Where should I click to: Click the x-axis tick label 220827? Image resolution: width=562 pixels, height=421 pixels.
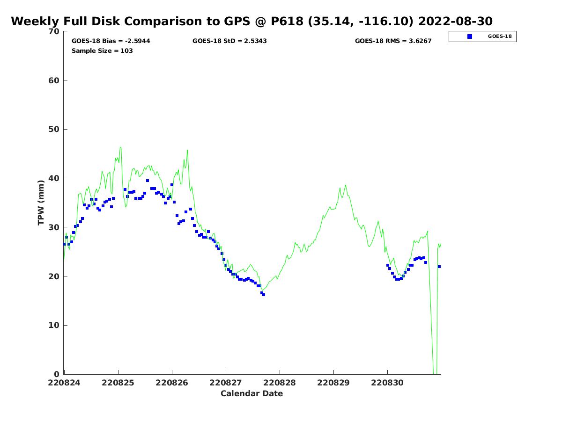click(225, 383)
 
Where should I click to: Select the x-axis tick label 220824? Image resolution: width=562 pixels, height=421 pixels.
click(64, 383)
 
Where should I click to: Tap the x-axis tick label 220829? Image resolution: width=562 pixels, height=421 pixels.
click(333, 383)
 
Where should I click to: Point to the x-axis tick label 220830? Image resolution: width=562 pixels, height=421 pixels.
click(387, 383)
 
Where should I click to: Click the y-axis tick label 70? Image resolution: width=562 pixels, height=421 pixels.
click(54, 31)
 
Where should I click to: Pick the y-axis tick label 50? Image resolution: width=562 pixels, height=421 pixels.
click(54, 130)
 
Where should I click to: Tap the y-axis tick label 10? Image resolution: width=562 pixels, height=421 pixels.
click(54, 325)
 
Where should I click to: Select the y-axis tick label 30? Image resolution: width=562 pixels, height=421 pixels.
click(54, 227)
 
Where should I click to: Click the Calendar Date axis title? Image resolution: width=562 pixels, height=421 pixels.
click(251, 393)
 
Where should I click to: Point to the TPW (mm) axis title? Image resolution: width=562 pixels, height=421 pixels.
click(41, 203)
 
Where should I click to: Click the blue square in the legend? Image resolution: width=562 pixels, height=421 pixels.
click(470, 36)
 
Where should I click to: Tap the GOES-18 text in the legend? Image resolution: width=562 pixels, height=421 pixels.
click(500, 36)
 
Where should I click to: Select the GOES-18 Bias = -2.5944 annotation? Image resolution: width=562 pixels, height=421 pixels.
click(111, 41)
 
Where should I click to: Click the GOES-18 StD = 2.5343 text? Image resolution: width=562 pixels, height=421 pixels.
click(229, 41)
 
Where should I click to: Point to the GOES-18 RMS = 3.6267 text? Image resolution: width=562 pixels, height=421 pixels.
click(393, 41)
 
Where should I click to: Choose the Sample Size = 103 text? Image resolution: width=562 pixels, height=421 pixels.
click(102, 51)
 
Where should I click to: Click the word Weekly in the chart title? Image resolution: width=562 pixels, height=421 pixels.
click(35, 21)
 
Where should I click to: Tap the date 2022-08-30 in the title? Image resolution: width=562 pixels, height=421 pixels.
click(455, 21)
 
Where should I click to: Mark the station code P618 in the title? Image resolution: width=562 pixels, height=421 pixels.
click(287, 21)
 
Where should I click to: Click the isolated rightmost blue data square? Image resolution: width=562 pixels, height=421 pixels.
click(439, 267)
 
